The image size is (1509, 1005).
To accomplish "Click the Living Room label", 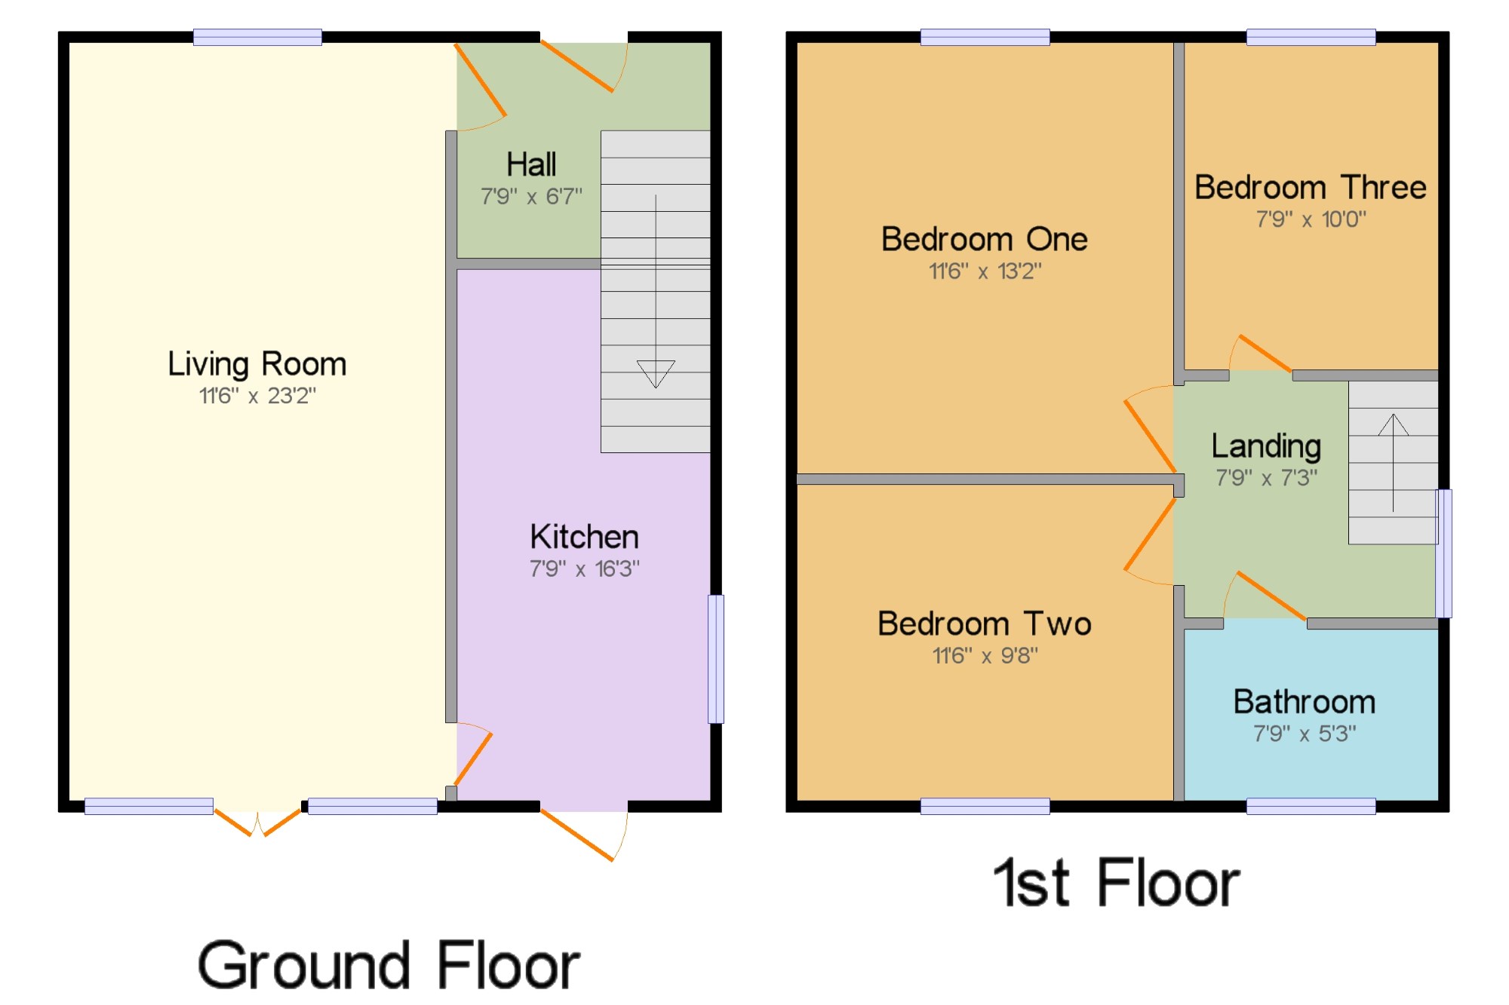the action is click(257, 364).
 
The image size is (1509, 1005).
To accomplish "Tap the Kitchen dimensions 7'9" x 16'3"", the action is click(585, 568).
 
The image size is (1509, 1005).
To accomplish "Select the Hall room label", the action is click(531, 164).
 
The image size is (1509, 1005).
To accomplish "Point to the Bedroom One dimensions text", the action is click(985, 271).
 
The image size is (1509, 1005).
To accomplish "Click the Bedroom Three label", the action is click(1311, 187).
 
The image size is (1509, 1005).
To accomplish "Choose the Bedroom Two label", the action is click(985, 624).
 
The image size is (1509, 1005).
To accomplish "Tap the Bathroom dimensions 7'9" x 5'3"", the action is click(1305, 734).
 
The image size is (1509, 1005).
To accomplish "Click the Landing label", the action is click(1266, 446).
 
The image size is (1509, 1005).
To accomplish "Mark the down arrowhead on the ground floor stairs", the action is click(656, 374).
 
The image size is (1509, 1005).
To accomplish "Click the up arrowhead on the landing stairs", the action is click(1394, 424).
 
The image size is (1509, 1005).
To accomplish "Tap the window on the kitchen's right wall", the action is click(716, 660).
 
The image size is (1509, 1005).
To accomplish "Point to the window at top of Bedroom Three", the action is click(1311, 37).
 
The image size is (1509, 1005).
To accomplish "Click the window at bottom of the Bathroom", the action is click(1311, 807).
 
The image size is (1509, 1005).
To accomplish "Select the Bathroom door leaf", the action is click(1272, 596).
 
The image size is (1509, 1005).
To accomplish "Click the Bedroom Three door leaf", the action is click(1265, 353).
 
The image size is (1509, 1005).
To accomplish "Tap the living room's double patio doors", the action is click(257, 822).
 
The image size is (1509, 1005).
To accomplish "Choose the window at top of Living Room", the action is click(257, 37).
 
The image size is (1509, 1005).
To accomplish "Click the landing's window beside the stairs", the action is click(1443, 554).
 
